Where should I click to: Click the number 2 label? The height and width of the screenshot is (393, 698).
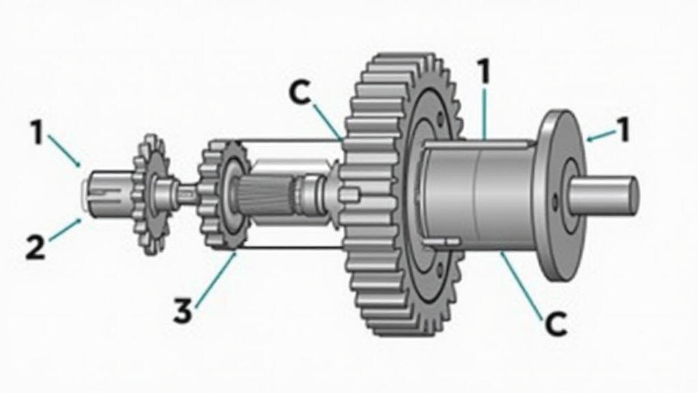[35, 248]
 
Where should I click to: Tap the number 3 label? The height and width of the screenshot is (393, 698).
[183, 310]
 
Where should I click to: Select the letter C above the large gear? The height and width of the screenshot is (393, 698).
[300, 93]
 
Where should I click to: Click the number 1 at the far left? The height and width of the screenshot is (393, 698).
[37, 133]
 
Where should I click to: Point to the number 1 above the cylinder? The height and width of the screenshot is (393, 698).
[483, 71]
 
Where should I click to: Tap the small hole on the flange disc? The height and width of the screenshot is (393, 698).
[555, 201]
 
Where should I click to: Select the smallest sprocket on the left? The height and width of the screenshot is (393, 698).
[150, 194]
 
